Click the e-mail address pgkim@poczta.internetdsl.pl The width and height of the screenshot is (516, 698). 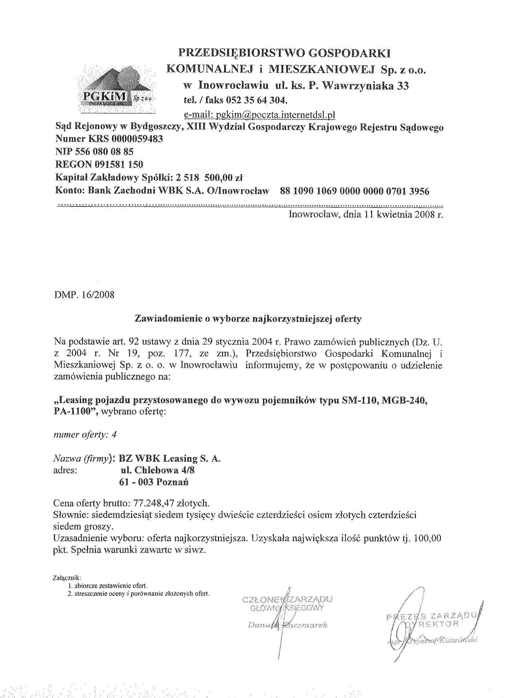click(260, 115)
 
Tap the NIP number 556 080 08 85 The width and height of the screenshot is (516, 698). click(112, 151)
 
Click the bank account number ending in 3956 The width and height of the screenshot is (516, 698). click(355, 191)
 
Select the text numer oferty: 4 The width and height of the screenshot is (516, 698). click(85, 435)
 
